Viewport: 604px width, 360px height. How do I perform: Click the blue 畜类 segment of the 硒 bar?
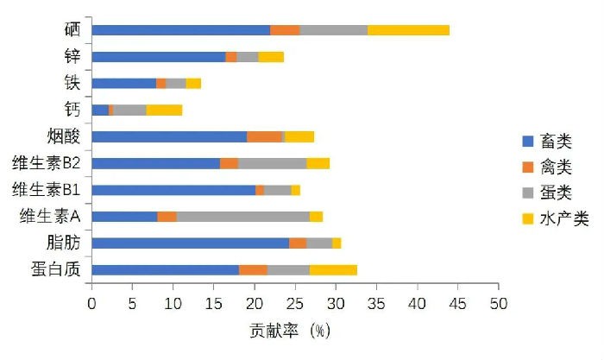180,30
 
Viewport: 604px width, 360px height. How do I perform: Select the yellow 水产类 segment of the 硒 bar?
408,30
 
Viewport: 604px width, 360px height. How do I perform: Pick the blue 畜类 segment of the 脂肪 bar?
190,243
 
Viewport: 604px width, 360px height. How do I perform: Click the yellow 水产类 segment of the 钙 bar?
164,110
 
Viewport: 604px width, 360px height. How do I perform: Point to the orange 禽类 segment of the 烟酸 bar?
264,136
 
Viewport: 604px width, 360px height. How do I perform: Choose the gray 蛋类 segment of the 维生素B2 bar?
272,163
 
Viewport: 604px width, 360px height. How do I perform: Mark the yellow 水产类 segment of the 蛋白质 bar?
333,269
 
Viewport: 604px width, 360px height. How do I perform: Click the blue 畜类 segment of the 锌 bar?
158,57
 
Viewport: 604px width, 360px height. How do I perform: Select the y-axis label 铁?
72,84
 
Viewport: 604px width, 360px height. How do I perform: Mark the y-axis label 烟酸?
63,136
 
